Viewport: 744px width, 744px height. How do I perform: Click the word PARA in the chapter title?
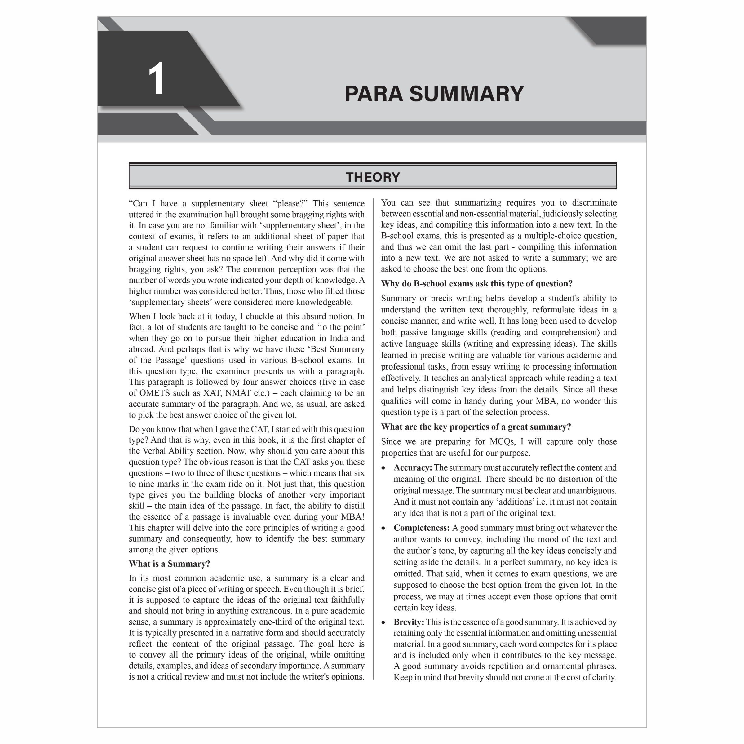373,94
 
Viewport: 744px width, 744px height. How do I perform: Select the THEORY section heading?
372,177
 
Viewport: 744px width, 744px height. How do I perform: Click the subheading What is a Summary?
170,564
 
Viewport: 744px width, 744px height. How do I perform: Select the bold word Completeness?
421,528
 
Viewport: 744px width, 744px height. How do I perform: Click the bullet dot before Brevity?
383,623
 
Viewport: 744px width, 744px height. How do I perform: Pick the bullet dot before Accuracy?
383,468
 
